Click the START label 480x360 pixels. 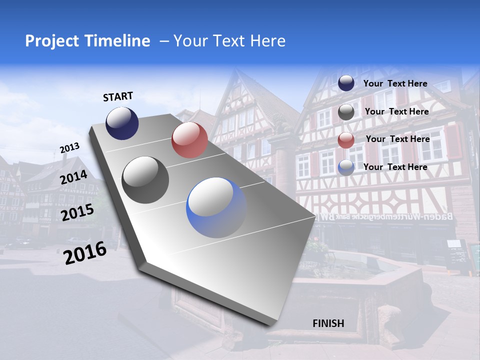(x=118, y=96)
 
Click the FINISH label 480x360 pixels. (x=328, y=323)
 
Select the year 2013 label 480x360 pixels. (x=69, y=148)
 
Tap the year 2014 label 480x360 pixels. (x=74, y=177)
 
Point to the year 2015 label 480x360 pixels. (x=77, y=212)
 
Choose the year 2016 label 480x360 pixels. (x=85, y=253)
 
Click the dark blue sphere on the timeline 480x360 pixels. (x=122, y=123)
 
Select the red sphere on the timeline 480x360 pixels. (x=189, y=139)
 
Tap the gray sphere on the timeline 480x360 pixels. (x=145, y=179)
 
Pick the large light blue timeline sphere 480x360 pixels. (x=216, y=207)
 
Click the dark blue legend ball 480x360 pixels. (x=346, y=83)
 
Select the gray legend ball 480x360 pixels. (x=346, y=112)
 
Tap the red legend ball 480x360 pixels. (x=346, y=140)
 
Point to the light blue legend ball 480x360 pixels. (x=346, y=167)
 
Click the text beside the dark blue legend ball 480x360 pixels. (x=395, y=83)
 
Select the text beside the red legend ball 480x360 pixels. (x=397, y=139)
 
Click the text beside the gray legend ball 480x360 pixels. (x=396, y=111)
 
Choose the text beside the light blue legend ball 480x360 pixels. (x=395, y=167)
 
